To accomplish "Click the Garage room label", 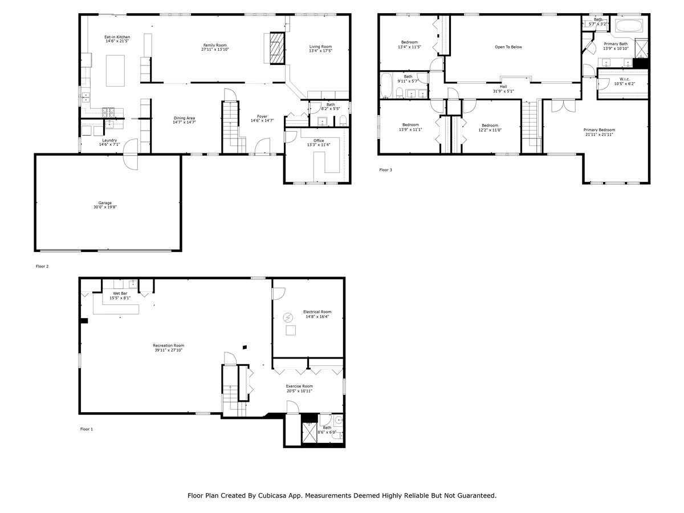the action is coord(105,203).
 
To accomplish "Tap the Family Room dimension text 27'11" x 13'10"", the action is coord(215,49).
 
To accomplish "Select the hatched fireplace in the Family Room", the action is coord(277,48).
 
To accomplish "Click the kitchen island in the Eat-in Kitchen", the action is coord(115,71).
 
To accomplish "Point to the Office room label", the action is coord(319,140).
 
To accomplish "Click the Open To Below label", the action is coord(508,47).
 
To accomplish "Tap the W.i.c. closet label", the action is coord(625,79).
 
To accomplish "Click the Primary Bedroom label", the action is coord(599,130).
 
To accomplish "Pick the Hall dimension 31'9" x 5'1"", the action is coord(503,91).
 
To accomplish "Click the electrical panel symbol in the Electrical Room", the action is coord(288,317).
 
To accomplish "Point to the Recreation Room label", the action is coord(169,345).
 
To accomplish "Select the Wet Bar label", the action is coord(120,294).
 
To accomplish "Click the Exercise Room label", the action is coord(299,386).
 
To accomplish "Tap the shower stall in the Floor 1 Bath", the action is coord(310,432).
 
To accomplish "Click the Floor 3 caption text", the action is coord(385,170).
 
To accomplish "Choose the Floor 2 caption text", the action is coord(42,266).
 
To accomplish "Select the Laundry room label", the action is coord(109,140).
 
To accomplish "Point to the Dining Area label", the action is coord(184,118).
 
